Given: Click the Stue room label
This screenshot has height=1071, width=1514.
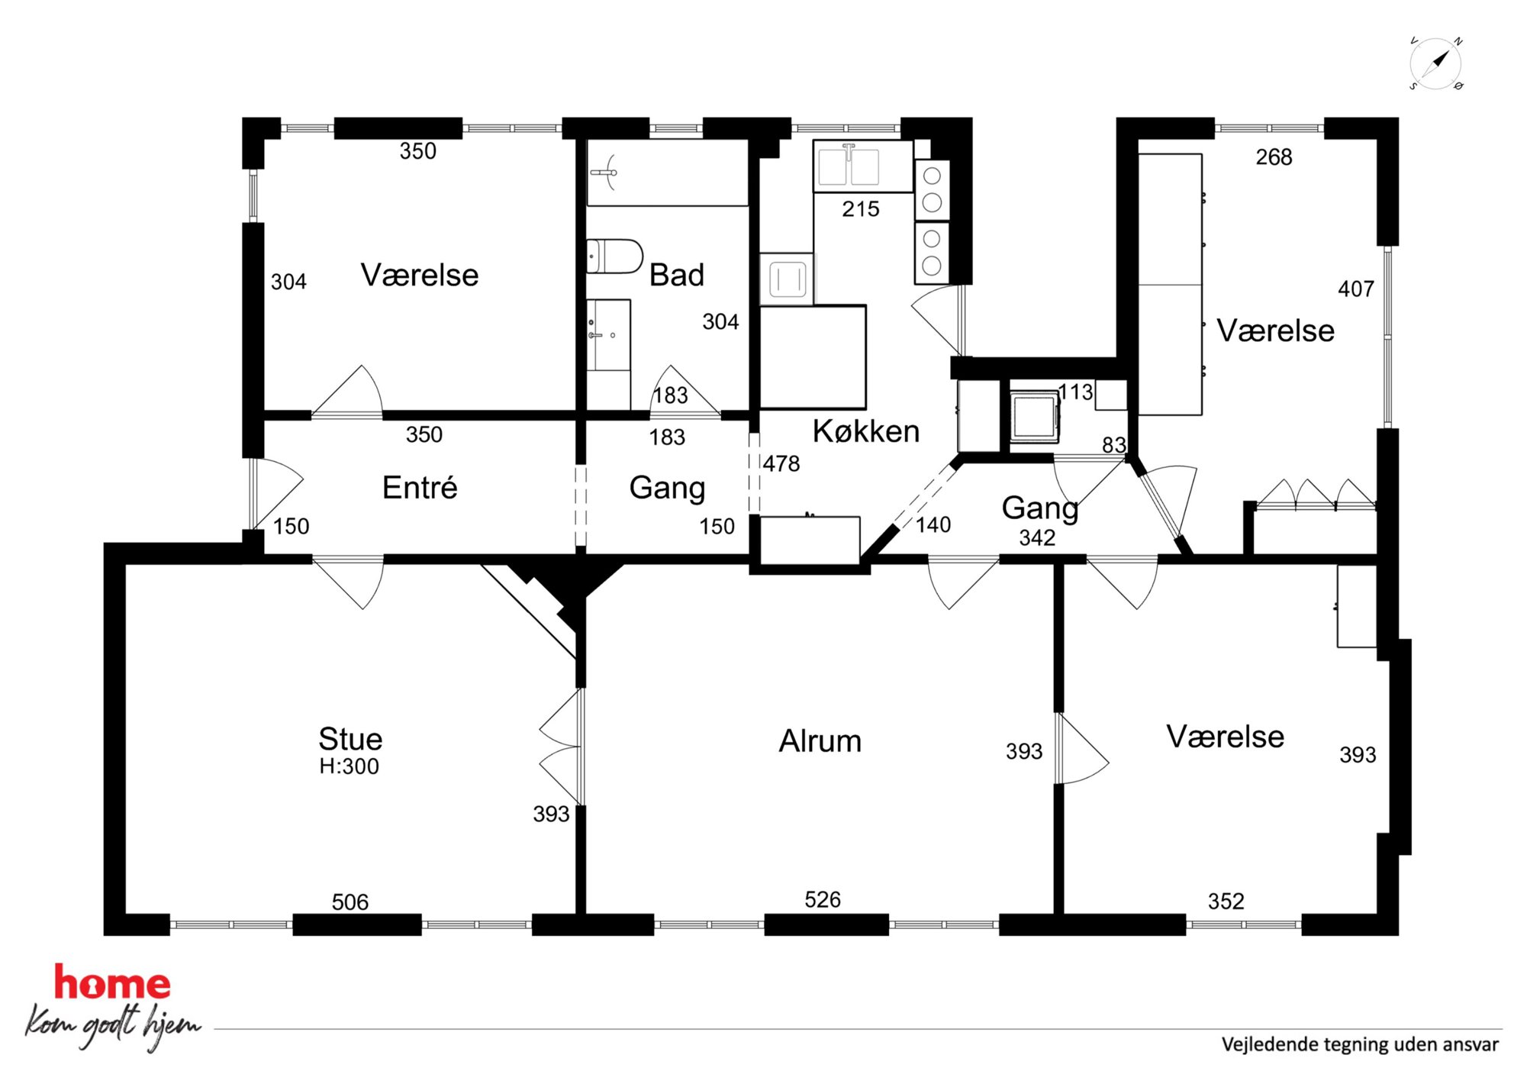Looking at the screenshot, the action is click(x=350, y=739).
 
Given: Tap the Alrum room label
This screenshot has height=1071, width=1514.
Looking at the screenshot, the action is click(x=820, y=741).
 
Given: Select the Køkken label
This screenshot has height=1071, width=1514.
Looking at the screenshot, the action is click(x=866, y=431).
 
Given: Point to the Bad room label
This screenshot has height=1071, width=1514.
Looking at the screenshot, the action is click(x=677, y=275).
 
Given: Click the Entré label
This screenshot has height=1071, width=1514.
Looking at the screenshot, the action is click(x=420, y=487).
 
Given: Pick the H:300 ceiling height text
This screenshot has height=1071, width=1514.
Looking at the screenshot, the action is click(x=350, y=766).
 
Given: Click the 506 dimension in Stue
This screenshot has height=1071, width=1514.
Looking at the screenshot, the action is click(x=350, y=902).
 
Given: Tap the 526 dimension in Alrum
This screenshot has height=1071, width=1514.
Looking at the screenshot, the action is click(x=823, y=900).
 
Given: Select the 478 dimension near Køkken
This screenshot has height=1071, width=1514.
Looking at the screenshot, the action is click(x=781, y=463).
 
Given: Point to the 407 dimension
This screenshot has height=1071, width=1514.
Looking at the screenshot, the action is click(x=1356, y=289).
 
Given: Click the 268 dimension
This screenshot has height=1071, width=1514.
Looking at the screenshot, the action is click(x=1274, y=157).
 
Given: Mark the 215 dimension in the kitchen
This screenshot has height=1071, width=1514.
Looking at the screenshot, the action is click(x=861, y=209).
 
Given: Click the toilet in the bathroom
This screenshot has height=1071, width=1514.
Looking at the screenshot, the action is click(x=614, y=256).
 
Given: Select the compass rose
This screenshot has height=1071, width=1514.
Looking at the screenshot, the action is click(x=1435, y=63).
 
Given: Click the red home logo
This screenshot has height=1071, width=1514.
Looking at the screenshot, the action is click(x=112, y=982).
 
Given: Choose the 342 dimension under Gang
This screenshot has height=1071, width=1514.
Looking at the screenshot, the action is click(x=1038, y=538).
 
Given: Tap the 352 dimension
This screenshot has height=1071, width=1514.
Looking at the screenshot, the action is click(x=1226, y=902).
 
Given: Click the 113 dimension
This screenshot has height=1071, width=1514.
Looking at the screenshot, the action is click(x=1076, y=392).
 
